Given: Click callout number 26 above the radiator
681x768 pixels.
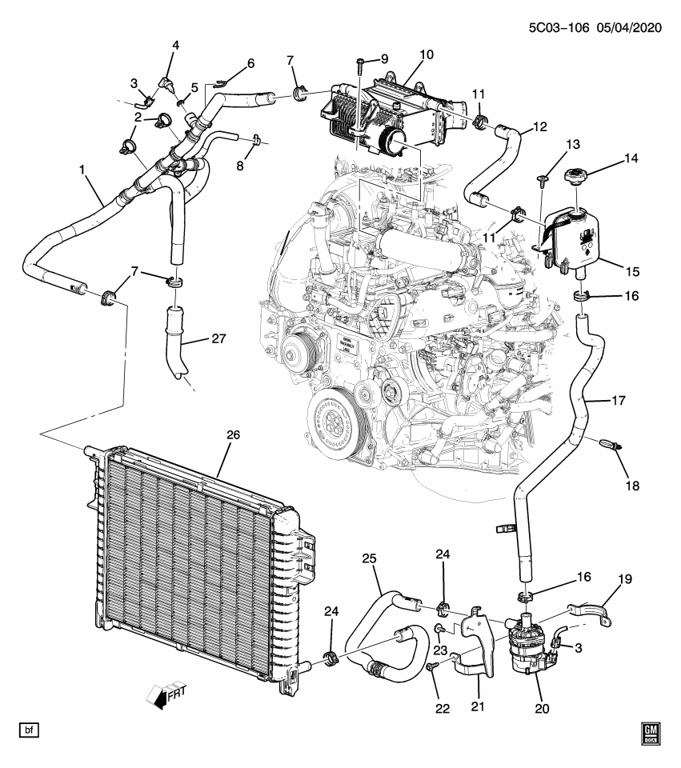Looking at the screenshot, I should [233, 435].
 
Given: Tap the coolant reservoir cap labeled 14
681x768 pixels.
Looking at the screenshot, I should [578, 178].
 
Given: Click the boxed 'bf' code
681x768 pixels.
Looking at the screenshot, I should [28, 731].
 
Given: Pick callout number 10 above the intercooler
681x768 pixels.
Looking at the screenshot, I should [426, 55].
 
